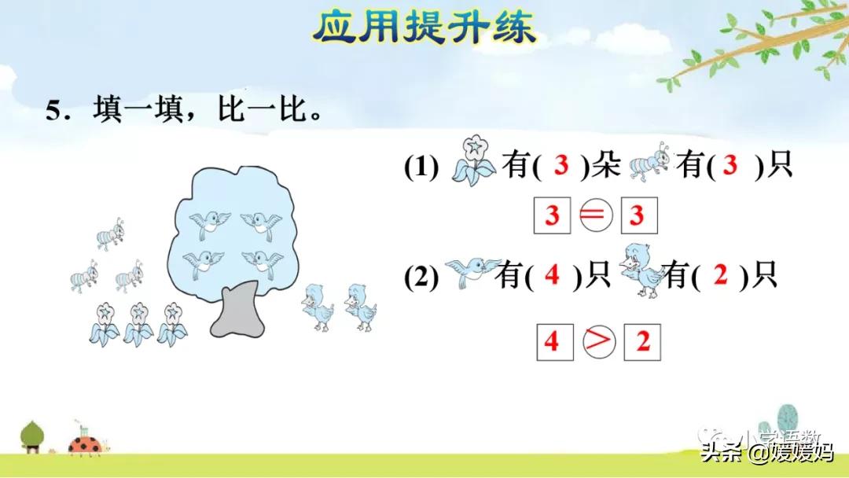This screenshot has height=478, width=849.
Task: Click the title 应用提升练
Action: [x=424, y=28]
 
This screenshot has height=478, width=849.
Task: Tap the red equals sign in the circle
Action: [x=595, y=215]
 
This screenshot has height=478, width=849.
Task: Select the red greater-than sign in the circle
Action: [x=600, y=343]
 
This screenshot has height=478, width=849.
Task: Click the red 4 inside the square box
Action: [x=551, y=343]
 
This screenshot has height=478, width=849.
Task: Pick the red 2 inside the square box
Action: [x=643, y=343]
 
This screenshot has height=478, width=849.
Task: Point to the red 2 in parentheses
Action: [x=721, y=276]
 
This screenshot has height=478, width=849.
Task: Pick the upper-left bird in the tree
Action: [x=208, y=224]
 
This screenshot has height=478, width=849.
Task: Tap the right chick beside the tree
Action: [x=362, y=305]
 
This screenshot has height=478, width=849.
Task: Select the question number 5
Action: [x=53, y=111]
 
